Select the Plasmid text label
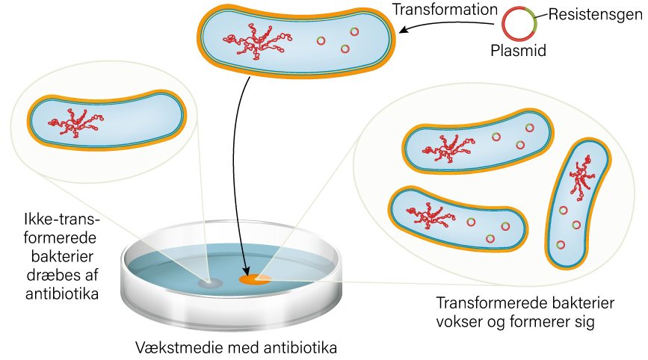[x=519, y=52]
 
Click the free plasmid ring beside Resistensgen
[x=519, y=23]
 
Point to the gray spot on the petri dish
[x=210, y=284]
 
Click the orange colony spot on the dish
[x=255, y=279]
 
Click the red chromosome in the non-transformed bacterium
[x=78, y=120]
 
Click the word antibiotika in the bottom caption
[x=306, y=348]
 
